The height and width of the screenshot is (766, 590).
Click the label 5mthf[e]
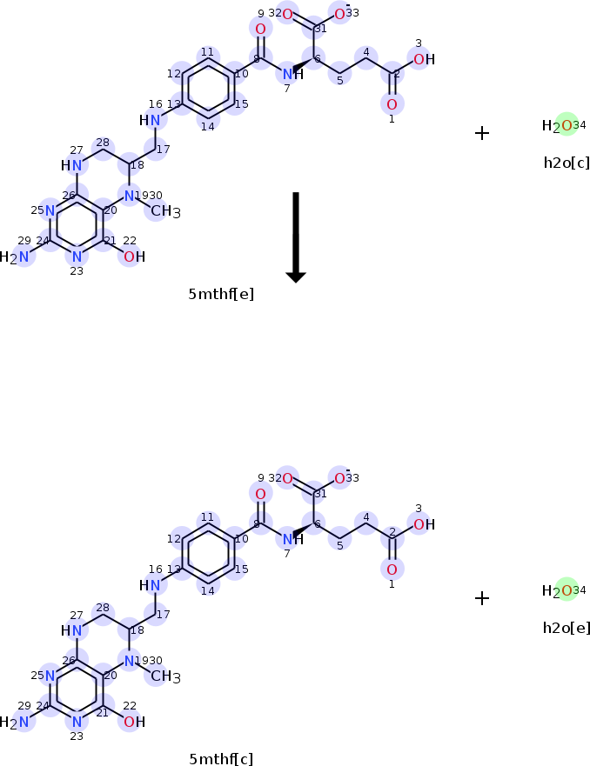[x=221, y=294]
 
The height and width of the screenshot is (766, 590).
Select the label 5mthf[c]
[x=221, y=759]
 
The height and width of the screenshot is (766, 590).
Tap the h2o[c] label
[x=566, y=162]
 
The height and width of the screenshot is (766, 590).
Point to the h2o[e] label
[x=566, y=627]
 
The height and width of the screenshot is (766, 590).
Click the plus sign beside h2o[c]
[x=482, y=133]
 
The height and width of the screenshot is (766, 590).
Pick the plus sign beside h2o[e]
[x=482, y=598]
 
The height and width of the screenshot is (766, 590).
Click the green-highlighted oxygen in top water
[x=567, y=125]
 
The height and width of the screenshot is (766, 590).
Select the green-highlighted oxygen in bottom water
[x=567, y=590]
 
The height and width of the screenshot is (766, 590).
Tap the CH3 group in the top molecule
[x=165, y=211]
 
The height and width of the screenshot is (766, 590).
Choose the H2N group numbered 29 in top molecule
[x=16, y=256]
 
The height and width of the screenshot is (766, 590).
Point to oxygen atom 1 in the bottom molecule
[x=392, y=570]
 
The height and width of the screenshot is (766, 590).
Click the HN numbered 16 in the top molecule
[x=151, y=119]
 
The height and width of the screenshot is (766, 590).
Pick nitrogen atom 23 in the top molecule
[x=77, y=256]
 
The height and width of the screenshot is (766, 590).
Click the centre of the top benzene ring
[x=207, y=89]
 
